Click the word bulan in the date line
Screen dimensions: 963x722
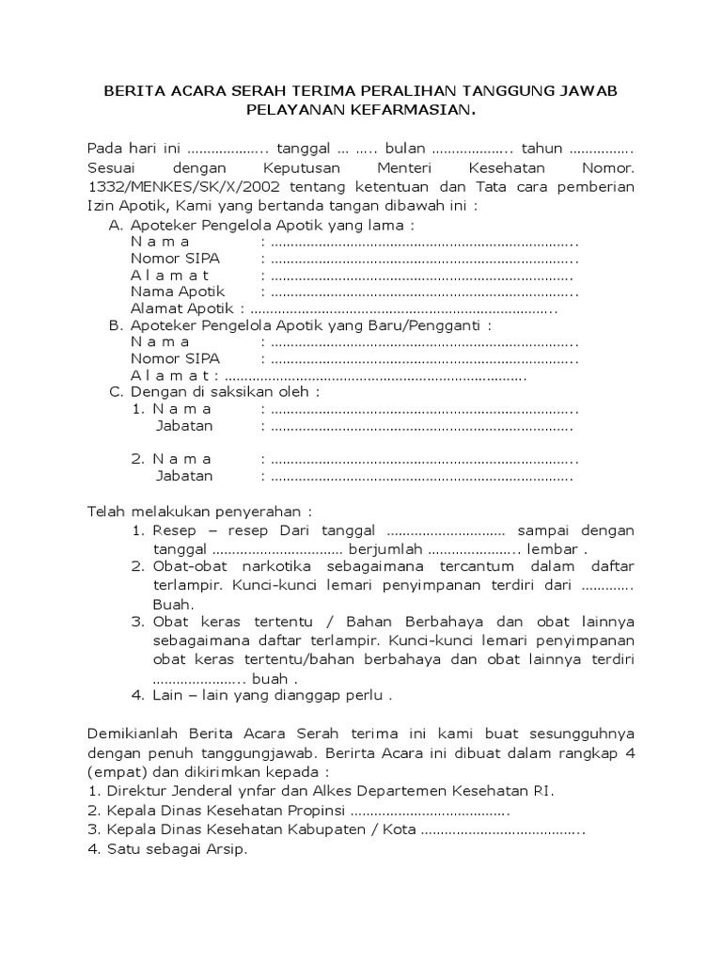click(407, 149)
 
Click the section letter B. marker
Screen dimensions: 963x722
click(117, 325)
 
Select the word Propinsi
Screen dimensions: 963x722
click(316, 810)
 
